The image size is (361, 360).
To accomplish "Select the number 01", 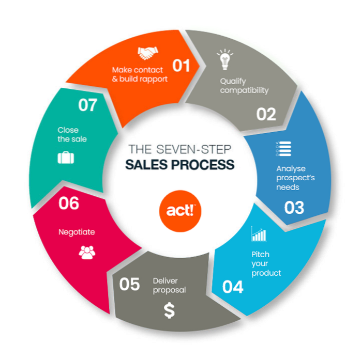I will [x=181, y=66].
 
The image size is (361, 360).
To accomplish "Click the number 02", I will [x=266, y=114].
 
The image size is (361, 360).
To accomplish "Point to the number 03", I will [x=294, y=207].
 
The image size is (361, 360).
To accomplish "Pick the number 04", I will [x=233, y=287].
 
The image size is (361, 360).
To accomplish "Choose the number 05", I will [x=129, y=284].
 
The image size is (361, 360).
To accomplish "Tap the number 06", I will [x=69, y=203].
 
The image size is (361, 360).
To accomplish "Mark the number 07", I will [x=88, y=105].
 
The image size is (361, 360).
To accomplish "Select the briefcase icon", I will [x=66, y=158].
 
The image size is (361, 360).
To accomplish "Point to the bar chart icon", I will [x=259, y=234].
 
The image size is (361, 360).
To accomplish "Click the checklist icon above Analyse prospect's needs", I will [x=283, y=149].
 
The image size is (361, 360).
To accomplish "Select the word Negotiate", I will [x=77, y=232].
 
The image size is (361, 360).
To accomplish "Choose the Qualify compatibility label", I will [x=244, y=86].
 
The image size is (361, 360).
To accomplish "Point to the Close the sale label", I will [x=72, y=134].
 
